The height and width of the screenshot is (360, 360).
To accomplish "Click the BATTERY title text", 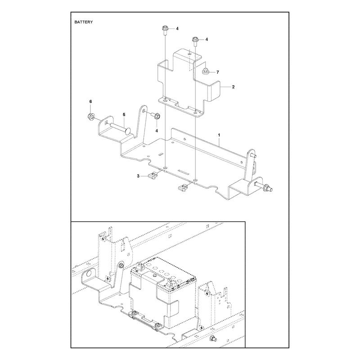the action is point(84,22).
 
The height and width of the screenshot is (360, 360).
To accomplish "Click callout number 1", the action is point(219,135).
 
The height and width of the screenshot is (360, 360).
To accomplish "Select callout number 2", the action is point(233,87).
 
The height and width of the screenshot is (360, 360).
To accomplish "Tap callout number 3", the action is point(138,176).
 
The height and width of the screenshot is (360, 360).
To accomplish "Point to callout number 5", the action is point(124,114).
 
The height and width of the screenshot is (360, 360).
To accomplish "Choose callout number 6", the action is point(90,101).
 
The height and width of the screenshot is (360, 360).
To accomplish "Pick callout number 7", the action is point(218,72).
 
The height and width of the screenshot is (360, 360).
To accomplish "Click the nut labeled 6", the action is point(90,117).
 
